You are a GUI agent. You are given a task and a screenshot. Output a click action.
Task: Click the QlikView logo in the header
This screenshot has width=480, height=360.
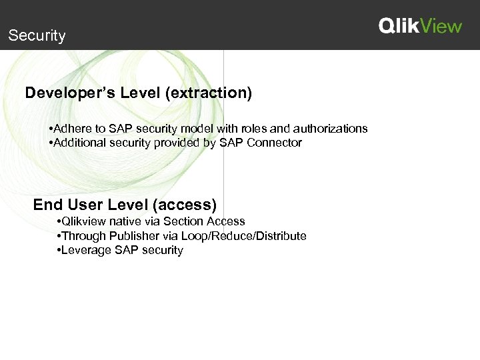420,26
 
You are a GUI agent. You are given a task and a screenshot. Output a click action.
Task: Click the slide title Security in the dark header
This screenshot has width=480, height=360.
37,36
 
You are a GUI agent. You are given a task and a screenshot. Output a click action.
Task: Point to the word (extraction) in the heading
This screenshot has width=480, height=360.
211,93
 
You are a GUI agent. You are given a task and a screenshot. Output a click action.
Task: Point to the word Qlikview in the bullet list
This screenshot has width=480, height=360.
84,221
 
